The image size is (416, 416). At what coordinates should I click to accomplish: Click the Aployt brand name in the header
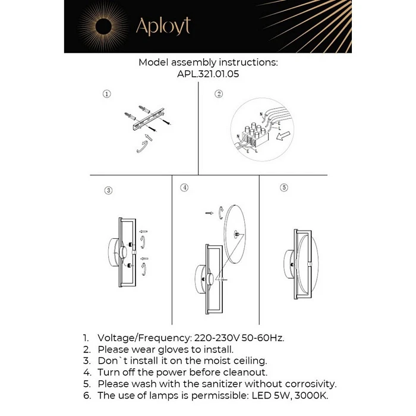[163, 26]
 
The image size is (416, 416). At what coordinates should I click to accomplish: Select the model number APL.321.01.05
[208, 75]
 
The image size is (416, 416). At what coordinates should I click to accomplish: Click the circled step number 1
[106, 94]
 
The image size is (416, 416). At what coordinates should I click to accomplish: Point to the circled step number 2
[219, 94]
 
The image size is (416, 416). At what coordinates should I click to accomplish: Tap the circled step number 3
[108, 191]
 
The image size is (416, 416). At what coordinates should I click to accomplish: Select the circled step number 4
[185, 187]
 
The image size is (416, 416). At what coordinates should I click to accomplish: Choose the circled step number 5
[284, 188]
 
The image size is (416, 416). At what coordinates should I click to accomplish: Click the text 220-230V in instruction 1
[215, 338]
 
